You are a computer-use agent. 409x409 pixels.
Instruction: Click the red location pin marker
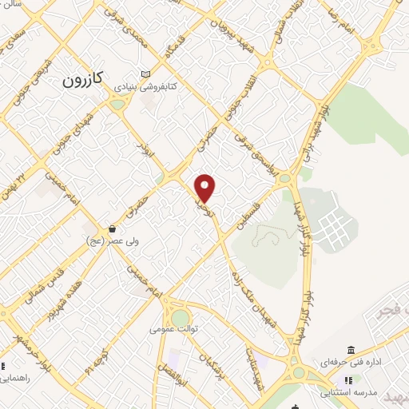(205, 188)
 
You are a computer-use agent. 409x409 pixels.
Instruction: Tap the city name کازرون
(83, 81)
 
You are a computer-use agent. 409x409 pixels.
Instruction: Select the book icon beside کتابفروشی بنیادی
(145, 72)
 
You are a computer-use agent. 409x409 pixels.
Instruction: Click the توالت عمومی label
(177, 328)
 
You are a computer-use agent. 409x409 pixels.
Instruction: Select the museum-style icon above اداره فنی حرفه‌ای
(351, 350)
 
